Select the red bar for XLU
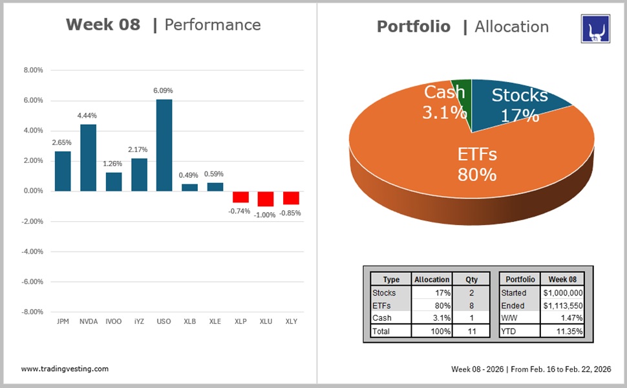tap(266, 199)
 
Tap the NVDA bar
tap(88, 157)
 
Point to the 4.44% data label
tap(88, 116)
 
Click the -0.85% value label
tap(291, 213)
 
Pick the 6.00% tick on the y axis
tap(33, 101)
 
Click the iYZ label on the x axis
tap(139, 321)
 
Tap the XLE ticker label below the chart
tap(215, 321)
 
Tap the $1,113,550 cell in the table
tap(562, 305)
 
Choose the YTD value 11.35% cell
tap(562, 331)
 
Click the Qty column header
tap(471, 279)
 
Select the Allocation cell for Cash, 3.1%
tap(431, 318)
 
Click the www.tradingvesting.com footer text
tap(65, 369)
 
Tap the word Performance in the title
tap(213, 25)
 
